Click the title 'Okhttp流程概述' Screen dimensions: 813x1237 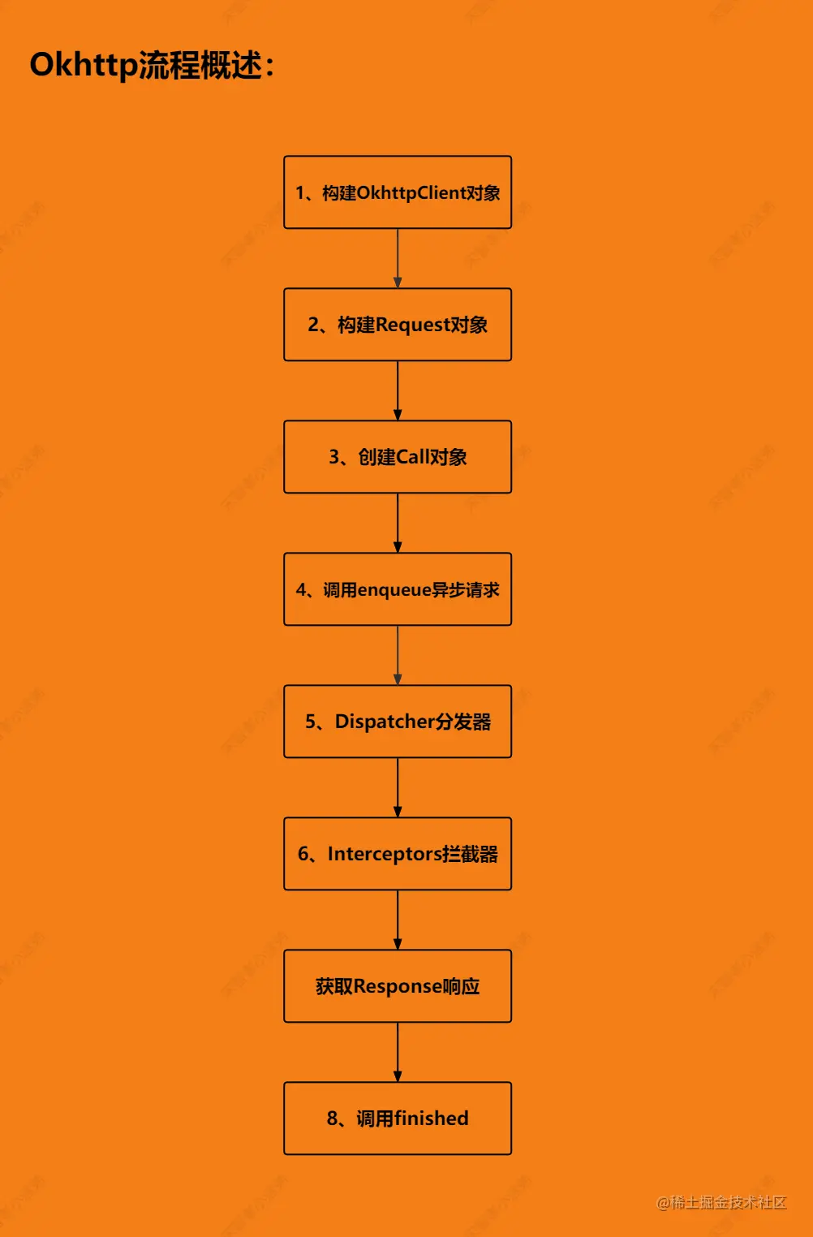pyautogui.click(x=152, y=65)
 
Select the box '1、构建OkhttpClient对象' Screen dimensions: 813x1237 pyautogui.click(x=398, y=192)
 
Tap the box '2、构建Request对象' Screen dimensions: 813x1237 pyautogui.click(x=398, y=325)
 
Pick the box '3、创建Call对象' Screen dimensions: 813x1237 pyautogui.click(x=398, y=457)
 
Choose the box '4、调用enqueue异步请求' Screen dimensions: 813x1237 pyautogui.click(x=398, y=589)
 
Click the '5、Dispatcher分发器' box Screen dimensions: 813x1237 pyautogui.click(x=398, y=722)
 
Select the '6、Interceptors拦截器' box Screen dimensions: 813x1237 pyautogui.click(x=398, y=854)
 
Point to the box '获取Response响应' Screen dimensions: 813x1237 pyautogui.click(x=398, y=986)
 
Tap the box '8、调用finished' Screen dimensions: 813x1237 pyautogui.click(x=398, y=1118)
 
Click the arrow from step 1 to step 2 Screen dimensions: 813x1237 pyautogui.click(x=398, y=258)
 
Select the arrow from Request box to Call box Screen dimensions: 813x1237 pyautogui.click(x=398, y=390)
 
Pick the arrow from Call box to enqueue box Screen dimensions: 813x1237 pyautogui.click(x=398, y=523)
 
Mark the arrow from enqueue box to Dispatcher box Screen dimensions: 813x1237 pyautogui.click(x=398, y=655)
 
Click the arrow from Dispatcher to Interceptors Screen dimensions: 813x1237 pyautogui.click(x=398, y=787)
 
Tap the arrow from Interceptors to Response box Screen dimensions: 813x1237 pyautogui.click(x=398, y=920)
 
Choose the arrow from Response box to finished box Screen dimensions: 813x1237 pyautogui.click(x=398, y=1052)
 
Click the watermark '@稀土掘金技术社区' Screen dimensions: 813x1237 pyautogui.click(x=721, y=1202)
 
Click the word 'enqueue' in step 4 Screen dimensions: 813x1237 pyautogui.click(x=394, y=590)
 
